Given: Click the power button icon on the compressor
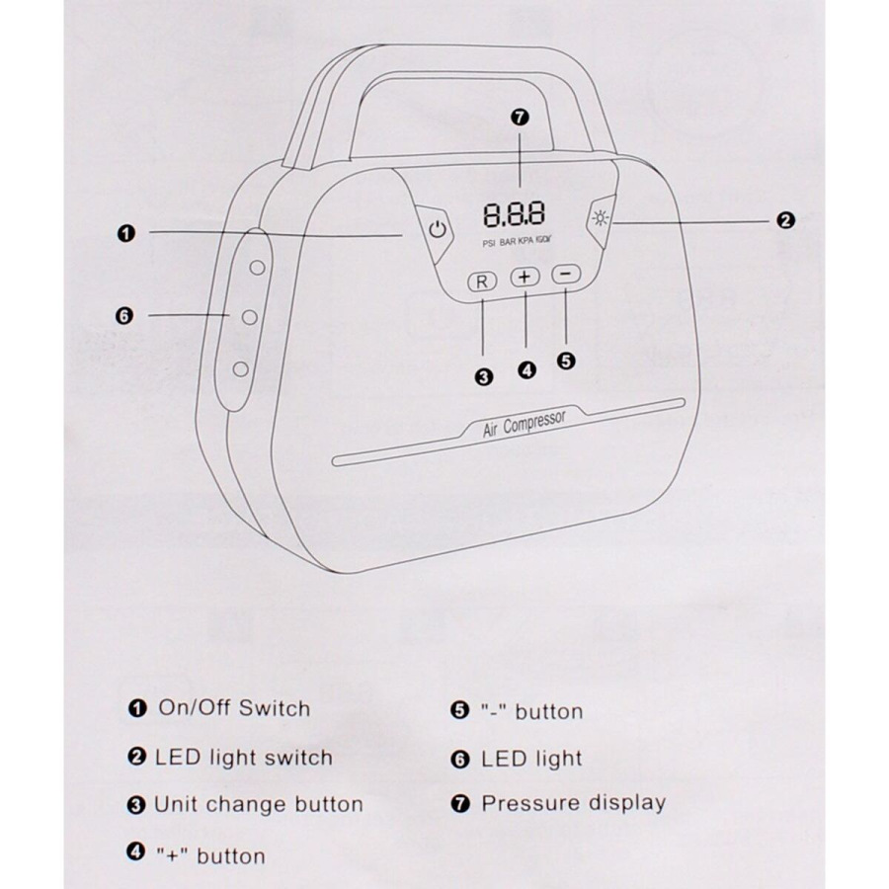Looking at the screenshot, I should [x=438, y=231].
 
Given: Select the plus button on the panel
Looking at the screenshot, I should [x=525, y=279].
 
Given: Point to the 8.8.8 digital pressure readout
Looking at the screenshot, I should [x=514, y=214].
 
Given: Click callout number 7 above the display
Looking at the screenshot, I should [x=522, y=118].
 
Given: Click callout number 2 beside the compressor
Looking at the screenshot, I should [x=786, y=221].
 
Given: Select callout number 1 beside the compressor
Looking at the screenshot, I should [x=125, y=233].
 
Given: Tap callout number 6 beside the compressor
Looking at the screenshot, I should [x=123, y=315].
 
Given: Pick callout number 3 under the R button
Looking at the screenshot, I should [x=483, y=375].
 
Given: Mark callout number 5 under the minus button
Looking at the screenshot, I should [x=566, y=361].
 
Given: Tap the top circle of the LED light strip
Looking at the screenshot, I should [x=256, y=267].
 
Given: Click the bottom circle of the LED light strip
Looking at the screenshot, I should [x=240, y=369].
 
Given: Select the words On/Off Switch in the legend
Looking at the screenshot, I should [x=233, y=708].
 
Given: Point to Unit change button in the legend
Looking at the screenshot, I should [x=258, y=804].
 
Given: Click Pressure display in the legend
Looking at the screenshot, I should [x=573, y=803].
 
